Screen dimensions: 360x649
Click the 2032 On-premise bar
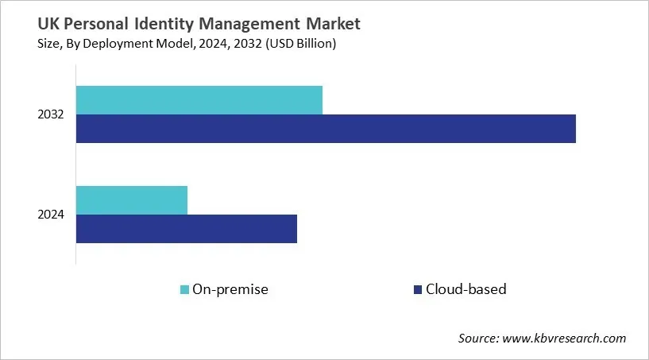tap(199, 100)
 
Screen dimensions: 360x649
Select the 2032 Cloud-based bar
tap(326, 129)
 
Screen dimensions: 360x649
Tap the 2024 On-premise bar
tap(132, 200)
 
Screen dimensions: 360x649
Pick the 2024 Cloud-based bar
tap(187, 229)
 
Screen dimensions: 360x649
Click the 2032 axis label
tap(51, 115)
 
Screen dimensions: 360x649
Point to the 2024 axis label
tap(51, 215)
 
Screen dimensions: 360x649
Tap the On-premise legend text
tap(231, 289)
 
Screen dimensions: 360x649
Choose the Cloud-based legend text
tap(466, 289)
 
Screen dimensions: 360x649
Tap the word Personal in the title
tap(72, 25)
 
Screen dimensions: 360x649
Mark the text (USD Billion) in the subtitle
tap(296, 44)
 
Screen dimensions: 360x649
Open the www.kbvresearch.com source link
tap(566, 339)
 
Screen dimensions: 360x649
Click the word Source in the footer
tap(479, 339)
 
